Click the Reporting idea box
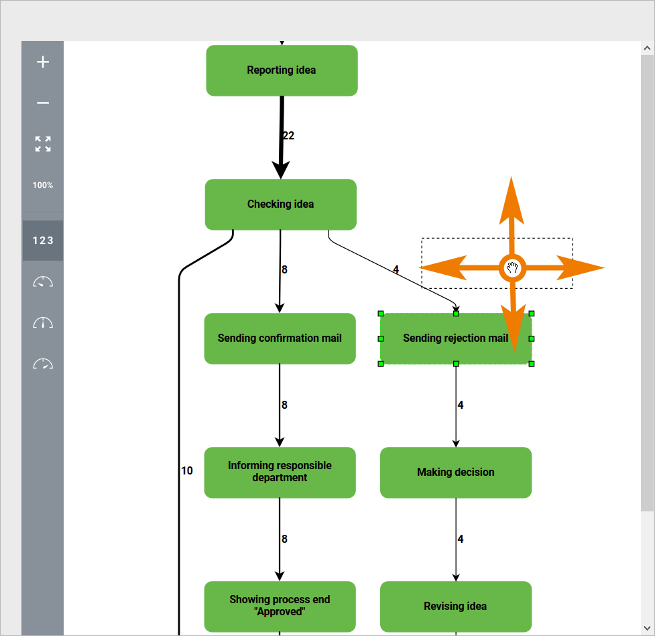coord(282,70)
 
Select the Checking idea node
coord(280,204)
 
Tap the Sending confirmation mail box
coord(280,338)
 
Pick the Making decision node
coord(456,472)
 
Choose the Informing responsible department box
coord(280,472)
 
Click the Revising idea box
coord(456,607)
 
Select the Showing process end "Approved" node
coord(280,607)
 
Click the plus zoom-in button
coord(43,62)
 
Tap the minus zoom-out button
coord(43,103)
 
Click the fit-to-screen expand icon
coord(43,144)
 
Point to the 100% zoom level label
coord(43,185)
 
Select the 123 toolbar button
coord(43,241)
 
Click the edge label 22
coord(288,136)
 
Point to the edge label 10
coord(187,471)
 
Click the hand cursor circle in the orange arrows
coord(512,268)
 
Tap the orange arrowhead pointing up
coord(512,194)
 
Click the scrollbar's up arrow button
coord(647,48)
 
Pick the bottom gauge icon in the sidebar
coord(43,364)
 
